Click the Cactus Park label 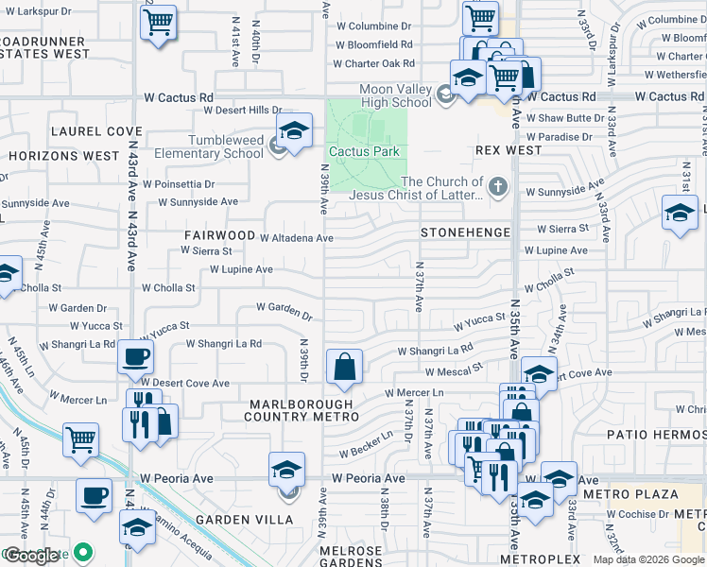pos(364,151)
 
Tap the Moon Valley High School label pos(395,95)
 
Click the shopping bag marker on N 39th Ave pos(344,367)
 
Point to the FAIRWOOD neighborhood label pos(220,234)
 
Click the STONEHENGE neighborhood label pos(465,232)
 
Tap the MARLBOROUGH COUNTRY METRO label pos(301,410)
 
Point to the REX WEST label pos(509,150)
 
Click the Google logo pos(30,555)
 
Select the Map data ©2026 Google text pos(647,559)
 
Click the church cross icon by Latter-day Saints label pos(498,185)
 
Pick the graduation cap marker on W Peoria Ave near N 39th pos(287,469)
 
